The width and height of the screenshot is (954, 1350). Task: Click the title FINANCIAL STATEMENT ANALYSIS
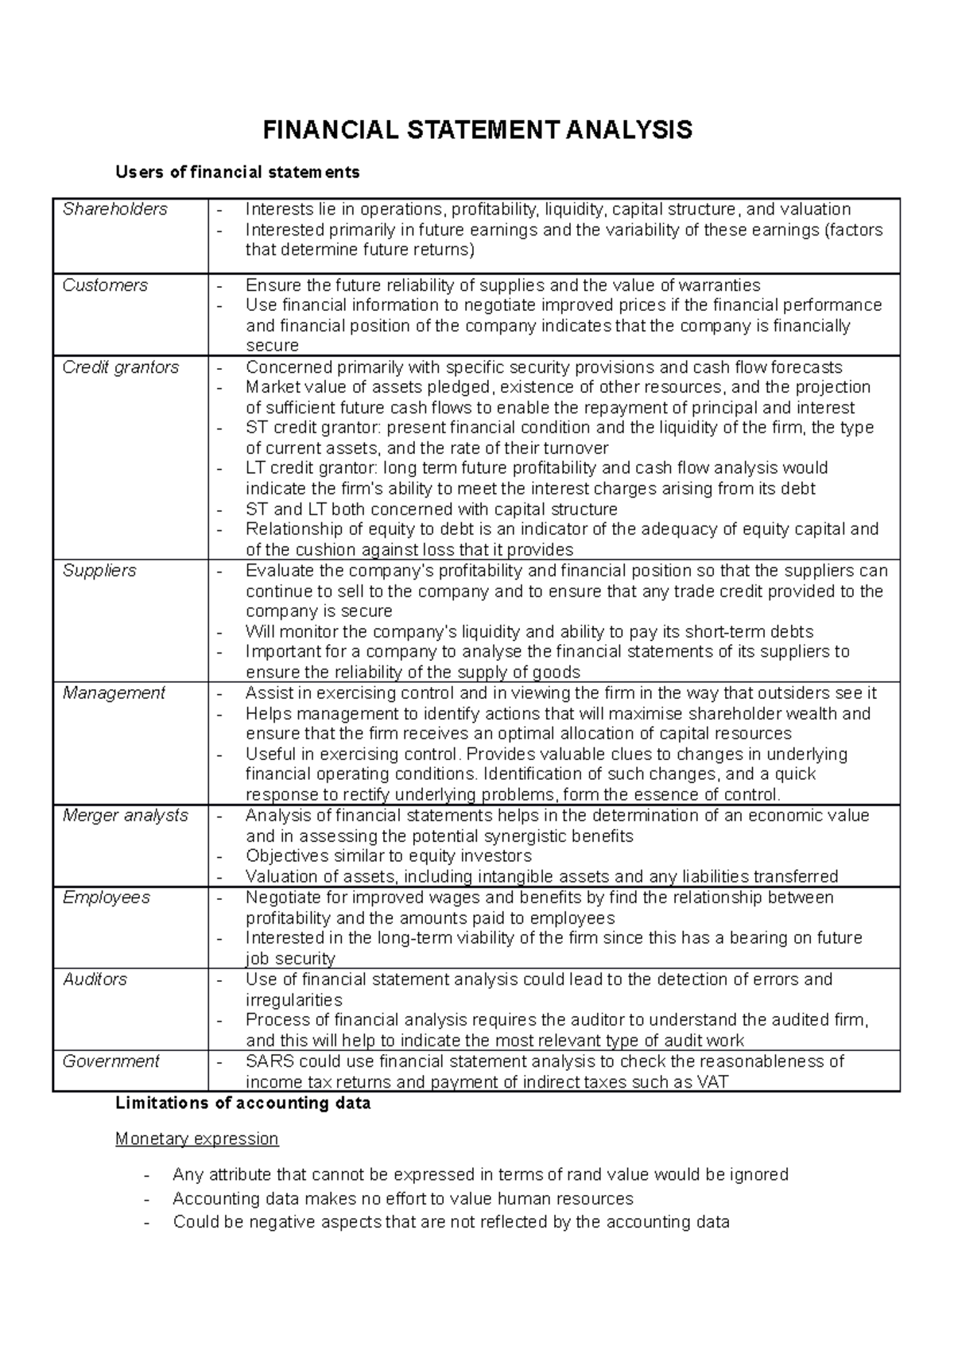(x=477, y=130)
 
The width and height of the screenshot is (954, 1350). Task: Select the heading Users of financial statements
(x=237, y=172)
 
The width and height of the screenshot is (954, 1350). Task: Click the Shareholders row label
(x=115, y=209)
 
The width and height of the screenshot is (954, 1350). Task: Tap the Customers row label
(x=105, y=285)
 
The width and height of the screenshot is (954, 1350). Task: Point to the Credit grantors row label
(x=121, y=367)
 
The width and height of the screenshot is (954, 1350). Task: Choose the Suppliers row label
(x=99, y=571)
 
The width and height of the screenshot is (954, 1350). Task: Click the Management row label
(x=114, y=693)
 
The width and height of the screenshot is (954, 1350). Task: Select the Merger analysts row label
(x=126, y=816)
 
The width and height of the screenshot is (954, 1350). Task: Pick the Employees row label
(x=107, y=898)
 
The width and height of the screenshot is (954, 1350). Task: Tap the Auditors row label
(x=95, y=980)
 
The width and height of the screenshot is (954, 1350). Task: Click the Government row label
(x=111, y=1061)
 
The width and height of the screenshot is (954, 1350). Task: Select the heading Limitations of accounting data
(x=243, y=1104)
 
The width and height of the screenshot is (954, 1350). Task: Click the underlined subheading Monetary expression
(x=197, y=1139)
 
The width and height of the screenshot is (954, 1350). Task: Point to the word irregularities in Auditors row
(x=294, y=1000)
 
